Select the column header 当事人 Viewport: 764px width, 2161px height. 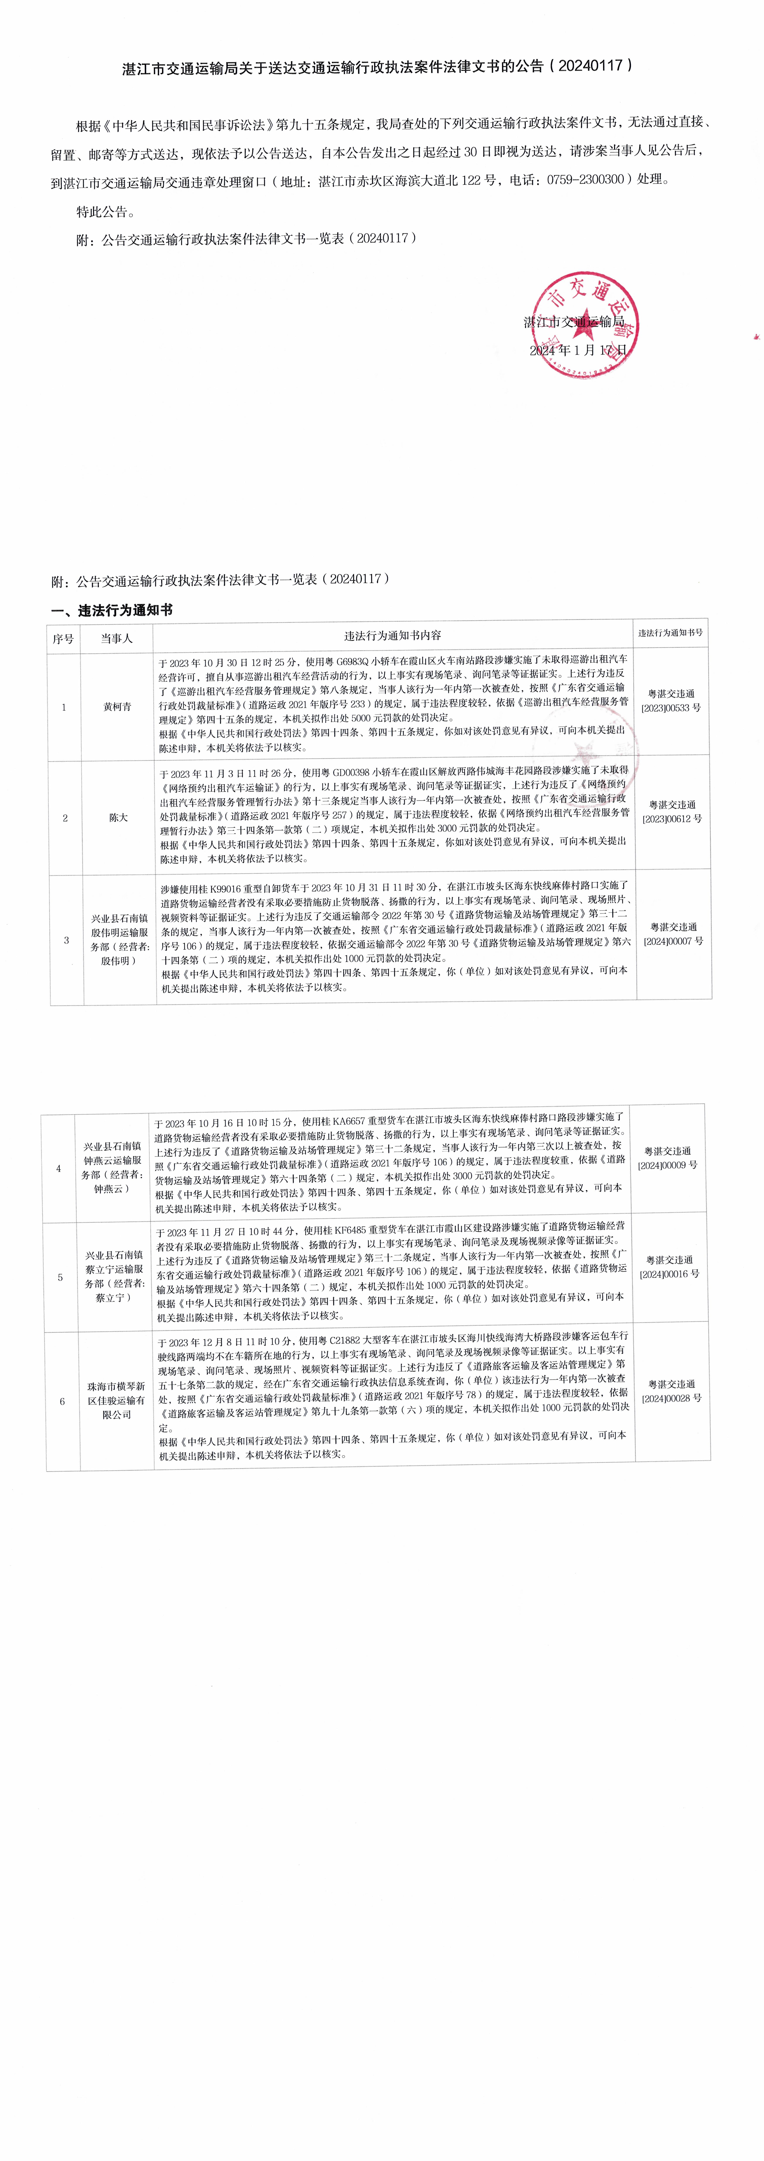(x=117, y=638)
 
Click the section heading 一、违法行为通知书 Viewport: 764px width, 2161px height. (x=112, y=610)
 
